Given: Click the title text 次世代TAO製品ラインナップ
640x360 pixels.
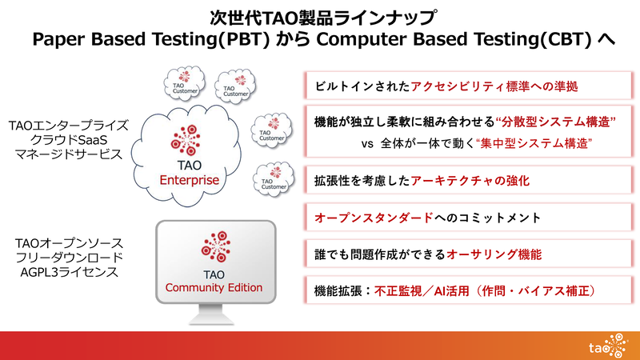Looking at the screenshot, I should point(320,16).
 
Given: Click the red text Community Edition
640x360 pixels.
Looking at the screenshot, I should point(214,287).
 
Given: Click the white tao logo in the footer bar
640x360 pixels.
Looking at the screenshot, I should point(601,346).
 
